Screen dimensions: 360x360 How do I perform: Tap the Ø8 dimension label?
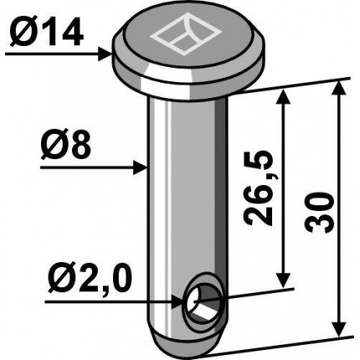[66, 145]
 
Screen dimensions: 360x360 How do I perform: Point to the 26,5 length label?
[258, 188]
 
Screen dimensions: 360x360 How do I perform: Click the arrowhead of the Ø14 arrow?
[106, 53]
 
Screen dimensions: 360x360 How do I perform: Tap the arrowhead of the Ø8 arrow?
[140, 167]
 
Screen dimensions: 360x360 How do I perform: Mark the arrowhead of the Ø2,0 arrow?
[177, 302]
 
